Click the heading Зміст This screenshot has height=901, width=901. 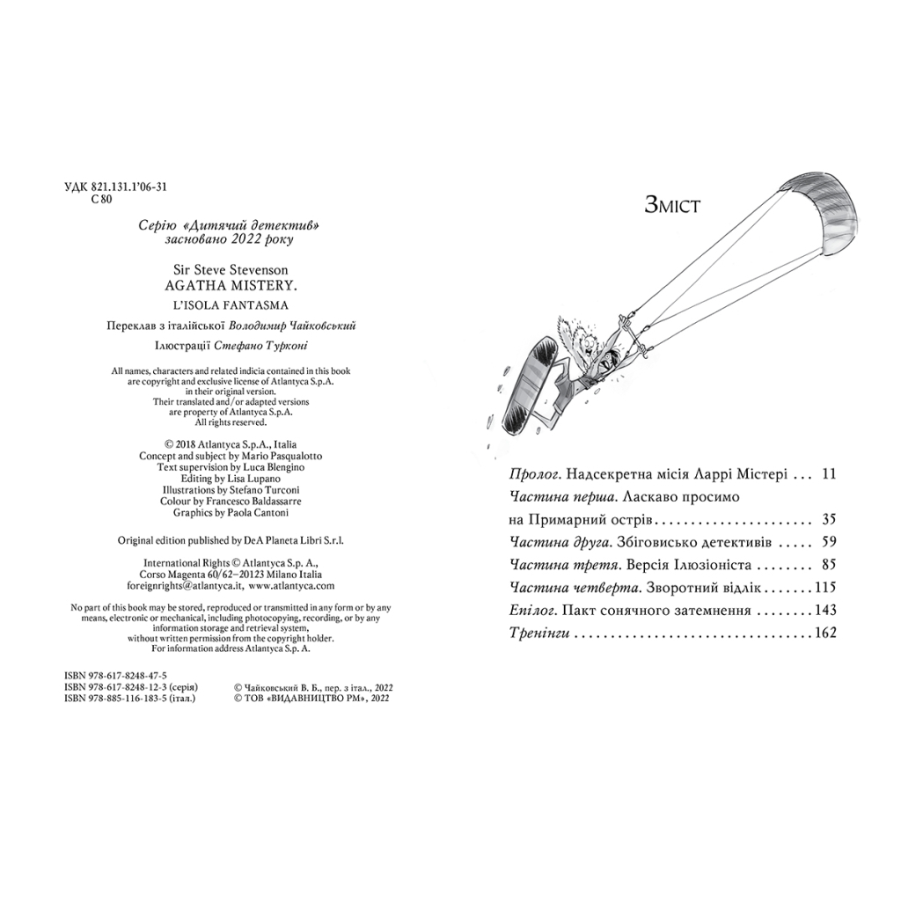[x=673, y=206]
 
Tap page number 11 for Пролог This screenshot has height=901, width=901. [x=826, y=473]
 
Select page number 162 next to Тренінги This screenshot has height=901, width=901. [x=824, y=633]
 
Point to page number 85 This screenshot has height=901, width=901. [x=826, y=565]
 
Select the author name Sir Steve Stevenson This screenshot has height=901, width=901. [x=226, y=270]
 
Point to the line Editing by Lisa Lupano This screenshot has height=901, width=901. [x=227, y=478]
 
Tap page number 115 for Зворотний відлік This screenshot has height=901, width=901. [x=824, y=587]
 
